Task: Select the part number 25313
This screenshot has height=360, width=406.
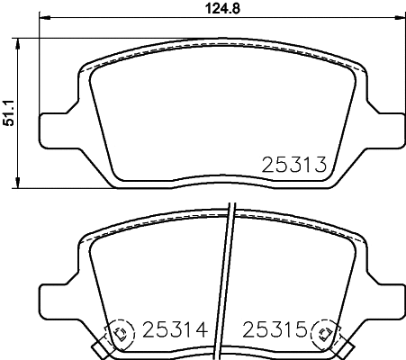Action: [292, 164]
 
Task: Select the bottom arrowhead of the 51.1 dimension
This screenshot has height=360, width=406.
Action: [23, 184]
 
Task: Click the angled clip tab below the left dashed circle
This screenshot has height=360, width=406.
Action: [100, 347]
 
